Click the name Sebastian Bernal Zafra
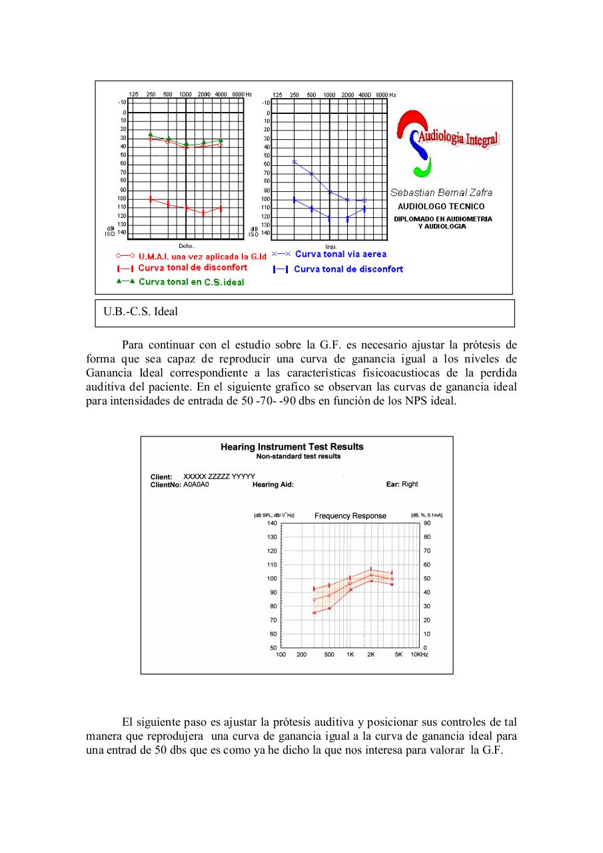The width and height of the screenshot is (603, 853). point(441,193)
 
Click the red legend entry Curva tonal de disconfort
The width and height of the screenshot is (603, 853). point(192,268)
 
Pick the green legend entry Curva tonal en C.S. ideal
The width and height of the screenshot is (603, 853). point(191,282)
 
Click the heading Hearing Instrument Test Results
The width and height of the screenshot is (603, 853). point(292,447)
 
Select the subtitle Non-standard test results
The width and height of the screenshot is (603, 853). point(298,456)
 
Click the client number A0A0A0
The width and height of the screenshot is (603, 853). point(196,484)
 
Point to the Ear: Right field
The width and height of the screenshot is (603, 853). point(402,484)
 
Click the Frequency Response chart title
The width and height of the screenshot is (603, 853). point(350,516)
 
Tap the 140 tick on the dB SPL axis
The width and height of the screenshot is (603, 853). point(272,523)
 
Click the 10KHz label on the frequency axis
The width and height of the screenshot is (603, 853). point(418,655)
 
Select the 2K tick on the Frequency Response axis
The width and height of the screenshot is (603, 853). point(370,655)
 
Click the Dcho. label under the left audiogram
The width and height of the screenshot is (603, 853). point(186,246)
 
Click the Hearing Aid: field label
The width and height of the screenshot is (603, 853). point(273,484)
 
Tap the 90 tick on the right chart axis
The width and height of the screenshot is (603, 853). point(426,523)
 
